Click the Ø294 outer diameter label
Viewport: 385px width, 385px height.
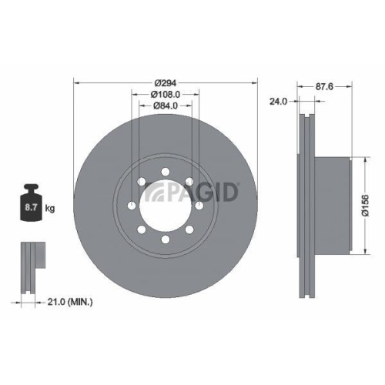coord(166,82)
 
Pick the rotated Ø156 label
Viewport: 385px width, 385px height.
coord(367,205)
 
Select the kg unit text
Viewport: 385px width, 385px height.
coord(50,209)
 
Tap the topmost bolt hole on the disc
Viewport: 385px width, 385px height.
coord(166,171)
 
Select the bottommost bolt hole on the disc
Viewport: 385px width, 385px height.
coord(166,241)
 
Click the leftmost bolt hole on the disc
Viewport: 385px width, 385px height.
coord(132,206)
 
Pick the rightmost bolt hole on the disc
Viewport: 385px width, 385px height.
coord(201,206)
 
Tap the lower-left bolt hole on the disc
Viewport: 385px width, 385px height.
coord(142,230)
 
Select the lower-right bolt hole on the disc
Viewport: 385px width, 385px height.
coord(191,230)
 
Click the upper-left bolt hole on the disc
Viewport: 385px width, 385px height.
coord(142,181)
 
